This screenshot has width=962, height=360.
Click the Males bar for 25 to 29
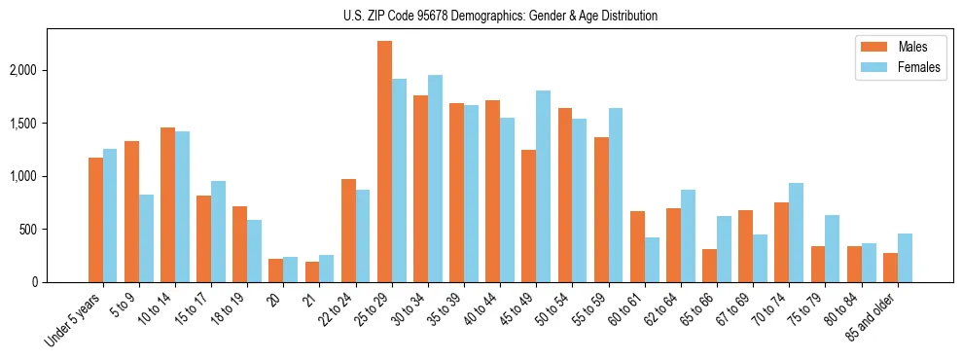tap(384, 162)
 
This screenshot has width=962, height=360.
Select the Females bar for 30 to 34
tap(435, 179)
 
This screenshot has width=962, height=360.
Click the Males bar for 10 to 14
tap(167, 205)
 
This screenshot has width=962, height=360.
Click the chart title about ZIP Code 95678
tap(500, 16)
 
